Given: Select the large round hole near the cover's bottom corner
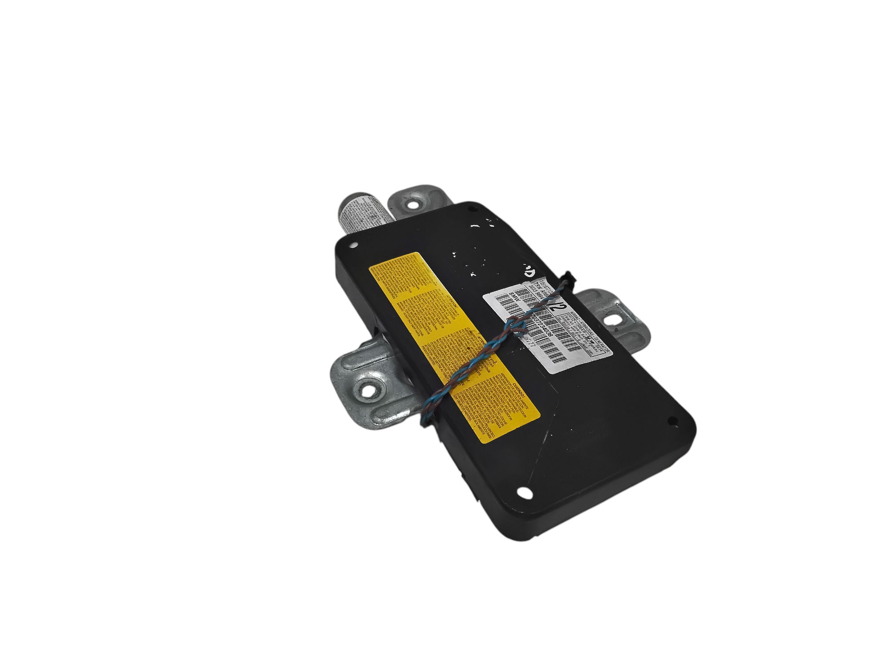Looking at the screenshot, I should point(525,493).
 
